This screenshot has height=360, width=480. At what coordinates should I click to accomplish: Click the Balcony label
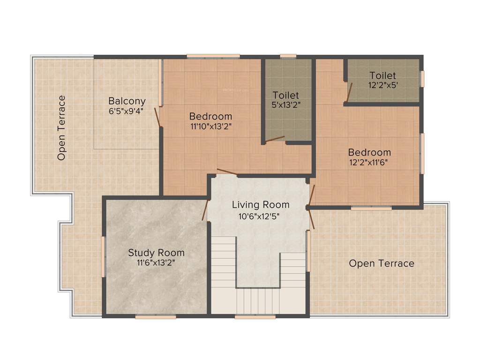127,101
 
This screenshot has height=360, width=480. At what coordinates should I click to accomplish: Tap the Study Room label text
156,253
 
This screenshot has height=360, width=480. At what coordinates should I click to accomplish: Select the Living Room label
261,205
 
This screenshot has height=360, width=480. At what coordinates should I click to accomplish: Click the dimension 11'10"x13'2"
210,126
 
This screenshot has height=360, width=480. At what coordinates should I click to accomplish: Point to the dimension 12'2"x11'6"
369,162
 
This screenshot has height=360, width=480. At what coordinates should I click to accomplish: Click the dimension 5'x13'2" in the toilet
286,105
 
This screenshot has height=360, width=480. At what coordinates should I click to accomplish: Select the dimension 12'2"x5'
382,85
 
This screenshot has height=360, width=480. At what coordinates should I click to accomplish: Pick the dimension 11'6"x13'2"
156,262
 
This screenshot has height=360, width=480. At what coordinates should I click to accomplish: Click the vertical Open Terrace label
61,128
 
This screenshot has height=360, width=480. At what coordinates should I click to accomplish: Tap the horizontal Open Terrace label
382,263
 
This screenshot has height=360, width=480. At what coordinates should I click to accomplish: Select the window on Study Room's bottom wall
156,317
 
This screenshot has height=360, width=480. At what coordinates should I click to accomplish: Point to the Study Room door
205,210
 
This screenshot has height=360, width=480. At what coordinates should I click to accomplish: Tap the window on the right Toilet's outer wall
422,78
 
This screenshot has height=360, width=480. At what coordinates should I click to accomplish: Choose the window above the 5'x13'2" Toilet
288,56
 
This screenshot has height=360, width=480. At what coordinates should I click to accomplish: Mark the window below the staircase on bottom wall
255,317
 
